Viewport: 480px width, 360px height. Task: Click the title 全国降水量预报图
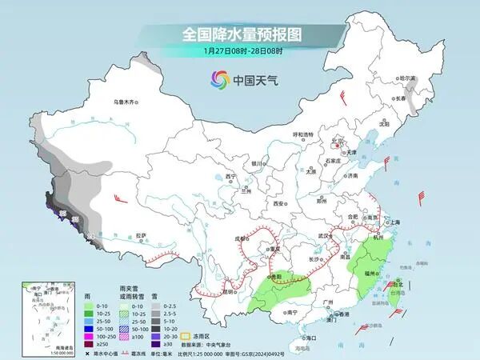239,35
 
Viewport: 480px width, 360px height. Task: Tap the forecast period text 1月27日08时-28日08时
239,52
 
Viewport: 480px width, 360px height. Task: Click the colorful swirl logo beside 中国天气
219,79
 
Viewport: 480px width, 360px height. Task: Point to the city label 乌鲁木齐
126,102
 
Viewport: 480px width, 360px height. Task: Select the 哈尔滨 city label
408,78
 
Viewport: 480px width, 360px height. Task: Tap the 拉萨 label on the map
141,235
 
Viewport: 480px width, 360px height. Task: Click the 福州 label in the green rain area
370,273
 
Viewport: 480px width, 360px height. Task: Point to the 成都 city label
240,238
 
